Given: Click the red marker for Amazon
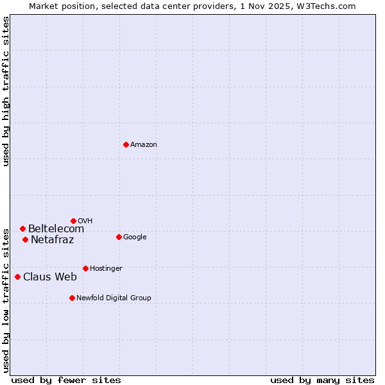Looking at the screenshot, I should point(126,144).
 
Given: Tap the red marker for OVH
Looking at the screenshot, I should point(73,221).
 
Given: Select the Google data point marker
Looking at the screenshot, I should point(119,237).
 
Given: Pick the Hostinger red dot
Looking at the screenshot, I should point(85,268).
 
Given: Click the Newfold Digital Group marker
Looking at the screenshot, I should point(72,298).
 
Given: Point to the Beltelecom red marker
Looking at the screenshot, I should point(22,228).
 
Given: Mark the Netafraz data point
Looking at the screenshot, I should point(25,239).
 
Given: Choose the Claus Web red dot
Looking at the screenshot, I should point(17,277).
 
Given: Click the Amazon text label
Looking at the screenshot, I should point(144,145).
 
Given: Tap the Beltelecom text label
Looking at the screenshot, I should point(56,229).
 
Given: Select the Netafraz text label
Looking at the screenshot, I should point(52,240).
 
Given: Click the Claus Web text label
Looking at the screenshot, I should point(50,277).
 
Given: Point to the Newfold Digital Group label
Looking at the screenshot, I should point(114,298).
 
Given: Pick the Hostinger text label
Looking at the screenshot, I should point(106,268).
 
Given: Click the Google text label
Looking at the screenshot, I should point(135,237).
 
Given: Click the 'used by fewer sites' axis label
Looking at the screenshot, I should point(66,380).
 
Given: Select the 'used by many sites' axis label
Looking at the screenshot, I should point(322,380).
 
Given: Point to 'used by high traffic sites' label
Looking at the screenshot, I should point(6,91).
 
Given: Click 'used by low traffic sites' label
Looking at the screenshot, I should point(6,300).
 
